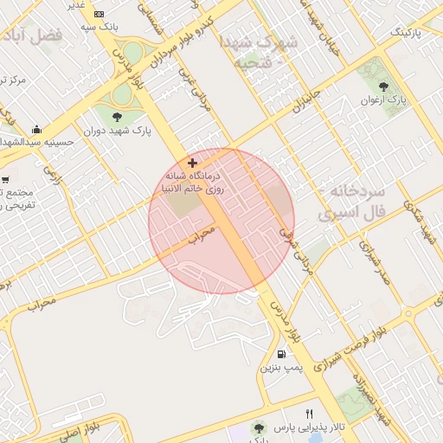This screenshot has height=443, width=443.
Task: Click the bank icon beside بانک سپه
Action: (x=99, y=15)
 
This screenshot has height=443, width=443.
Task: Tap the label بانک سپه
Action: (x=100, y=27)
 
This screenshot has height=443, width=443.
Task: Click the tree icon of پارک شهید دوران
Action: (x=117, y=117)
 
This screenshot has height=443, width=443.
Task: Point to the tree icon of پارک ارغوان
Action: (x=382, y=87)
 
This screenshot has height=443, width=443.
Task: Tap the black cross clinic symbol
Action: (x=192, y=163)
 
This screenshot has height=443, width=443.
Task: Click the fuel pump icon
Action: (x=281, y=354)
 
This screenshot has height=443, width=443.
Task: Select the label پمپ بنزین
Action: (x=280, y=368)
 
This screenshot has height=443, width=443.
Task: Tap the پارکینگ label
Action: (x=409, y=32)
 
